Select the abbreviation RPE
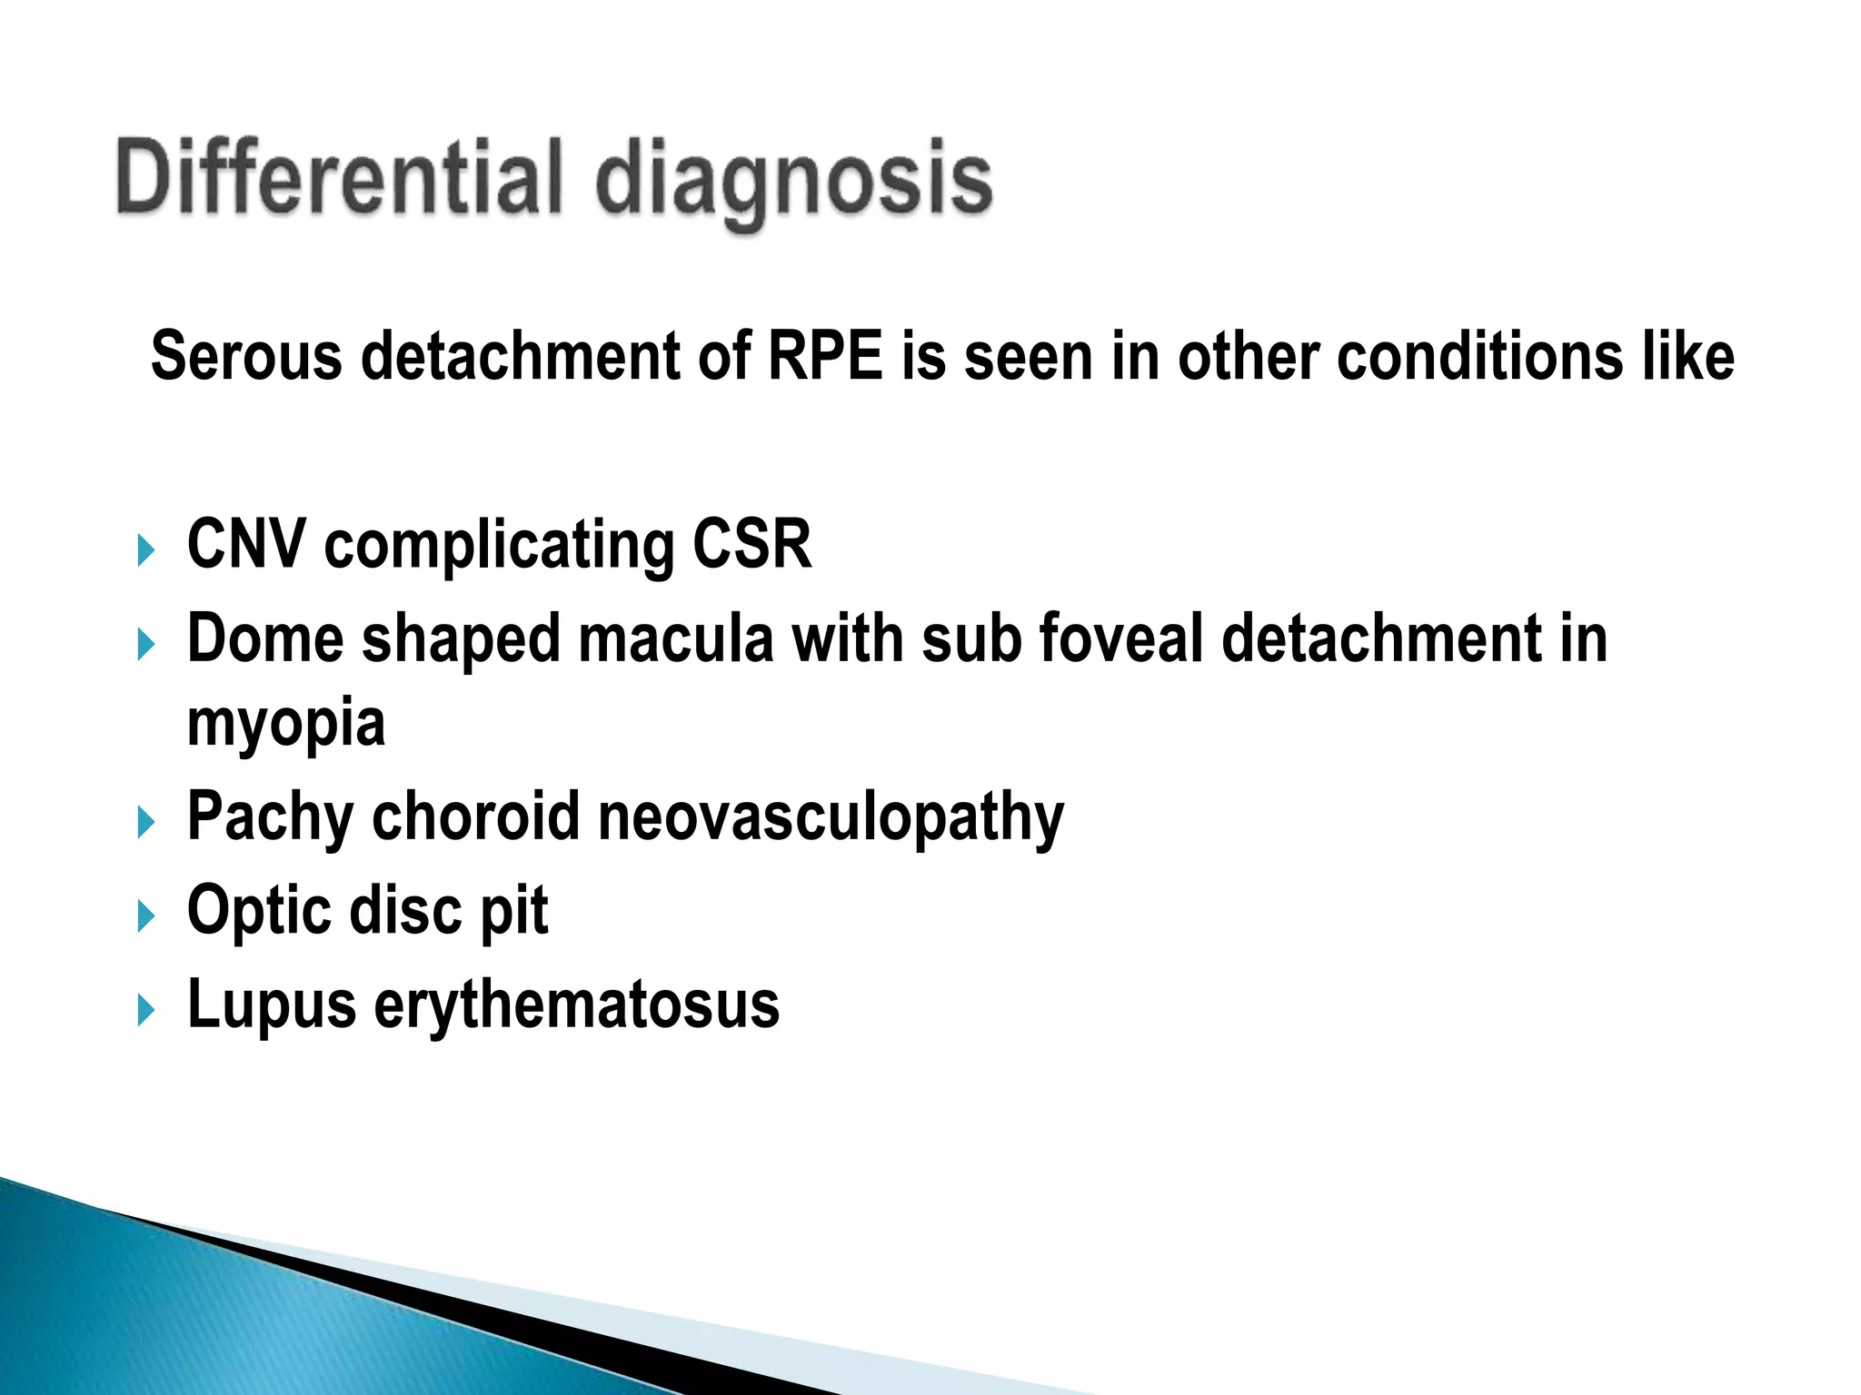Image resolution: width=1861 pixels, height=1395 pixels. [825, 356]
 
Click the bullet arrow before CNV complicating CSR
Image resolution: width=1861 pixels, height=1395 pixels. [145, 550]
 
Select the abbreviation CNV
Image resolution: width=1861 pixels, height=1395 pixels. [246, 545]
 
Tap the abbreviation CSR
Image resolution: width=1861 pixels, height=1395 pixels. [751, 545]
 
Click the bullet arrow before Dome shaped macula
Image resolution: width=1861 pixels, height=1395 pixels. [145, 646]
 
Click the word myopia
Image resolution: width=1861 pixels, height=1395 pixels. [286, 725]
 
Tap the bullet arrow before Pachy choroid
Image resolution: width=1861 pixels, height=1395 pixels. [145, 823]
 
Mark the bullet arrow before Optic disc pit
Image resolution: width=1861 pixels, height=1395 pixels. [145, 916]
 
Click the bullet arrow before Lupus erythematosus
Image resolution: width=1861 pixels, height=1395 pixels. [145, 1010]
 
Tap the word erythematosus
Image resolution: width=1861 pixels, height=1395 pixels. [576, 1005]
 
